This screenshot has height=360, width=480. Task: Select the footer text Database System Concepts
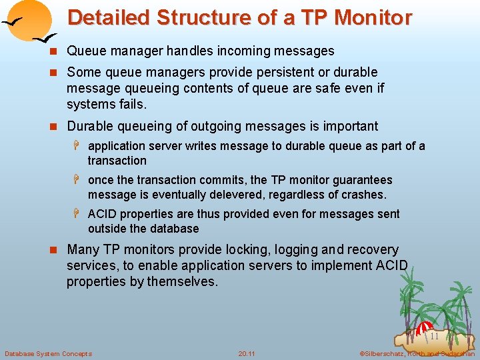click(x=48, y=353)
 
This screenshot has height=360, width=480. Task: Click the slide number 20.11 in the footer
click(x=247, y=353)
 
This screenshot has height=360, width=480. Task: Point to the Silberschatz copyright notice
click(x=416, y=353)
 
